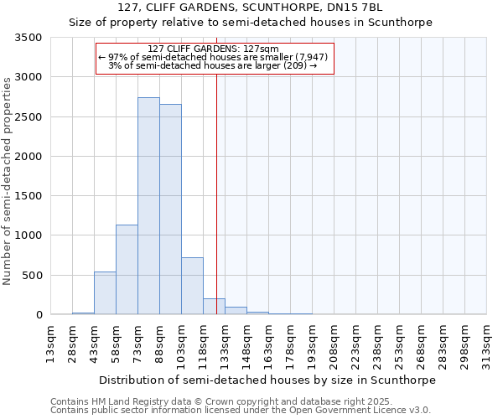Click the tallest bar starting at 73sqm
[148, 206]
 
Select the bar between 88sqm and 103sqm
[170, 209]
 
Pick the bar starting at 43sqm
[105, 293]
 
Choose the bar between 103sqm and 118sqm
[192, 286]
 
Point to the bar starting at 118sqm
[214, 307]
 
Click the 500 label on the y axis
[33, 275]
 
